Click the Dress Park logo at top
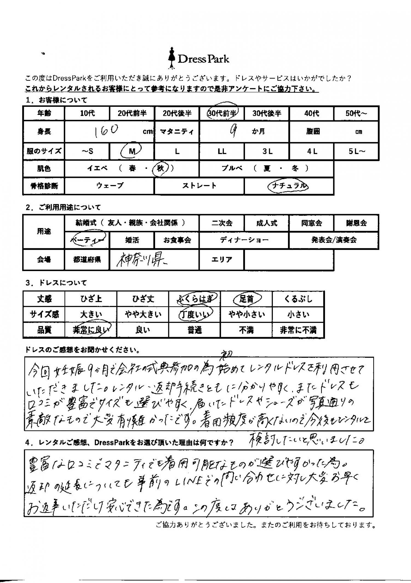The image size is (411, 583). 199,59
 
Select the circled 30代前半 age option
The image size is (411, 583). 222,113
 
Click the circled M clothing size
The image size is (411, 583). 132,151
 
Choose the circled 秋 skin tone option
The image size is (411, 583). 161,168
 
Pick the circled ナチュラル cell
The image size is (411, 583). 288,186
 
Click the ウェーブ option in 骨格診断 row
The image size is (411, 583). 110,186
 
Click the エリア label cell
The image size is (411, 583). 222,259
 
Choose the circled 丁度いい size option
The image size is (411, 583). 195,314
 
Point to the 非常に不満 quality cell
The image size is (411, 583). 298,330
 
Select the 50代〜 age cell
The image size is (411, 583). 356,113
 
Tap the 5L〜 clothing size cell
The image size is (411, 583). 356,151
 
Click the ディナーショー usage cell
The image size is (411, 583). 244,240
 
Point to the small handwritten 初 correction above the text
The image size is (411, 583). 226,356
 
